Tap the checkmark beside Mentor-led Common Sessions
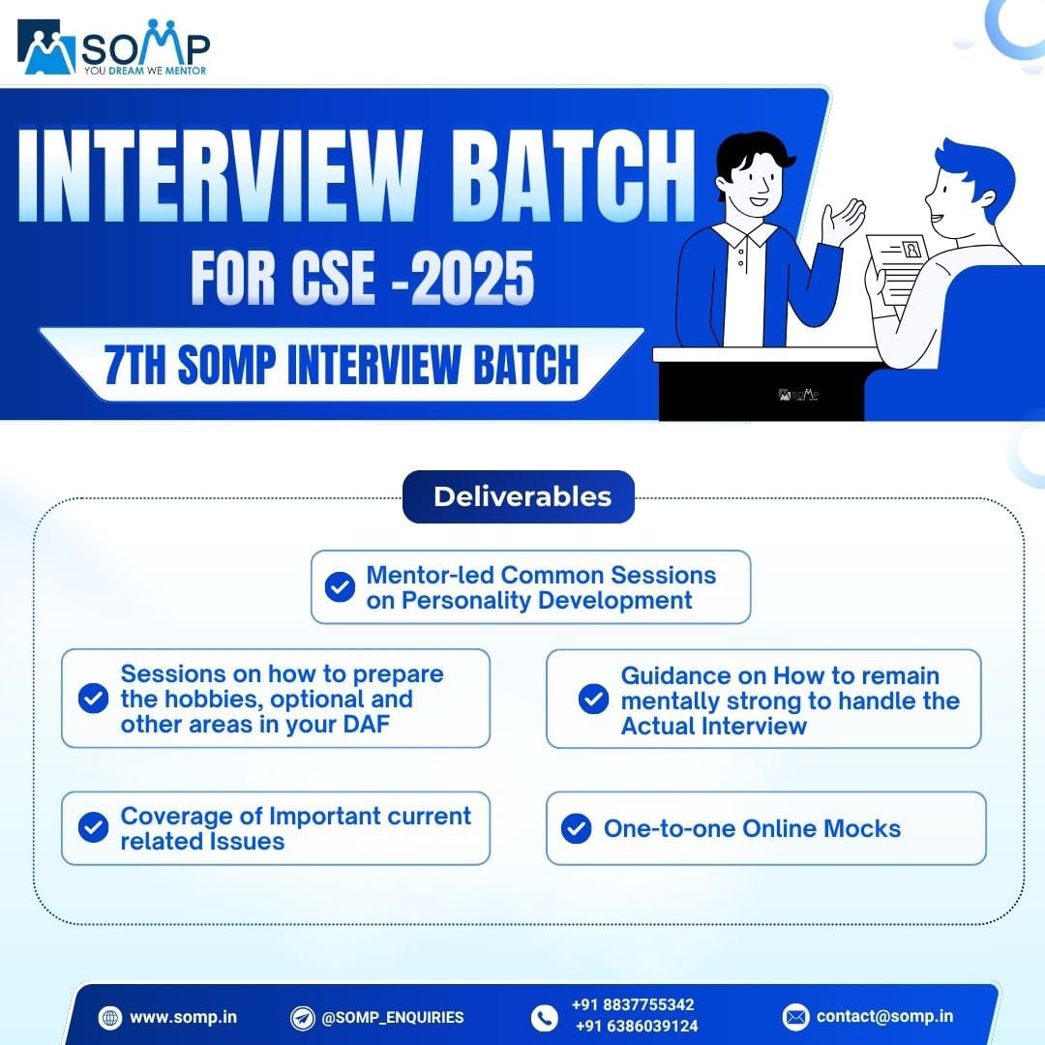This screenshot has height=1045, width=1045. [x=340, y=586]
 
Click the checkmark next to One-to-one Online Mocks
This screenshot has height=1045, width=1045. [x=577, y=828]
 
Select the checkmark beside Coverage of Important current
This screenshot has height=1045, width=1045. [x=93, y=827]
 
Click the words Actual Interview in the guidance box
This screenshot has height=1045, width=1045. [x=714, y=726]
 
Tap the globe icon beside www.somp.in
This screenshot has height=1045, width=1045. [x=109, y=1017]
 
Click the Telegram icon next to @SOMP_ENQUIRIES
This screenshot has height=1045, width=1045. [x=303, y=1017]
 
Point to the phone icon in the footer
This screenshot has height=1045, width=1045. [x=545, y=1017]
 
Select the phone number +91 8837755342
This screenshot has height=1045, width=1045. [x=633, y=1004]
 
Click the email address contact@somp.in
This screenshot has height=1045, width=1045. [x=884, y=1016]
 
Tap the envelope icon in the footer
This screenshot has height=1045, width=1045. [x=795, y=1016]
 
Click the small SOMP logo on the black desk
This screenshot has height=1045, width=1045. [x=798, y=395]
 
